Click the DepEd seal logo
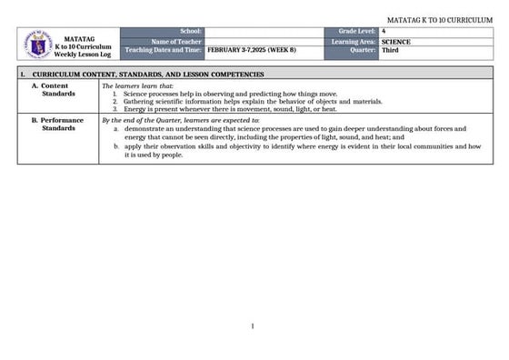pyautogui.click(x=35, y=42)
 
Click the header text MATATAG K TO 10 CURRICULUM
pyautogui.click(x=439, y=19)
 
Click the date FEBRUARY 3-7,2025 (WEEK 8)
pyautogui.click(x=245, y=50)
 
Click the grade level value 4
pyautogui.click(x=384, y=32)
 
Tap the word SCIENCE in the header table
pyautogui.click(x=396, y=41)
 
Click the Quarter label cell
pyautogui.click(x=363, y=50)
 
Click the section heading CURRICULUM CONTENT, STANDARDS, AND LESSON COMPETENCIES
pyautogui.click(x=148, y=74)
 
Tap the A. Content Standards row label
pyautogui.click(x=56, y=89)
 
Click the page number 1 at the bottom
pyautogui.click(x=253, y=326)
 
